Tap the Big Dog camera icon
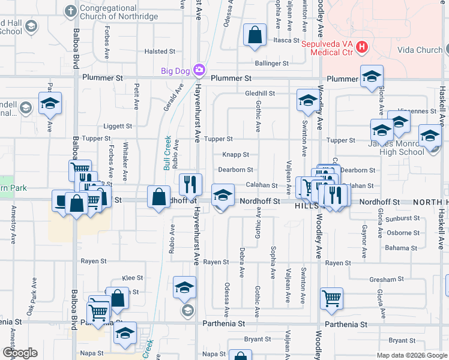(x=199, y=71)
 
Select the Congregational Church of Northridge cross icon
(x=71, y=11)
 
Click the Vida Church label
(x=420, y=50)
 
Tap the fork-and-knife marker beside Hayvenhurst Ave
(x=191, y=184)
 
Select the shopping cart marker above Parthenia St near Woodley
(x=331, y=298)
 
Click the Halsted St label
(x=160, y=52)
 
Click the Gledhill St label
(x=260, y=94)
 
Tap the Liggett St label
(x=118, y=126)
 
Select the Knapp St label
(x=231, y=155)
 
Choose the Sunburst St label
(x=403, y=218)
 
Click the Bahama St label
(x=402, y=247)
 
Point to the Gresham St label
(x=387, y=280)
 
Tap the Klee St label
(x=133, y=278)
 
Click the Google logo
(x=20, y=352)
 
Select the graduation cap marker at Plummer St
(x=372, y=76)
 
